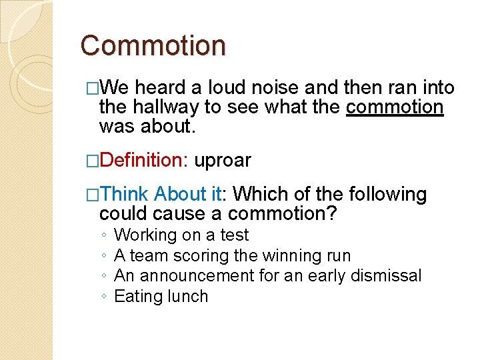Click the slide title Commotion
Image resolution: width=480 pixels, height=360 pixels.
tap(153, 46)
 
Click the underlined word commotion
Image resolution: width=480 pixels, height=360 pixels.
tap(395, 107)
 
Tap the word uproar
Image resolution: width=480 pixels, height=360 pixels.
tap(223, 161)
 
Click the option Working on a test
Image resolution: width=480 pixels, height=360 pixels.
tap(181, 235)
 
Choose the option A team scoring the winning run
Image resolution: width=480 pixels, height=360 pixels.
tap(232, 255)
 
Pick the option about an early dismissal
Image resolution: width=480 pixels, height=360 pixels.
tap(268, 276)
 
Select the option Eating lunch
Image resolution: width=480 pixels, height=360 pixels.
tap(161, 297)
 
